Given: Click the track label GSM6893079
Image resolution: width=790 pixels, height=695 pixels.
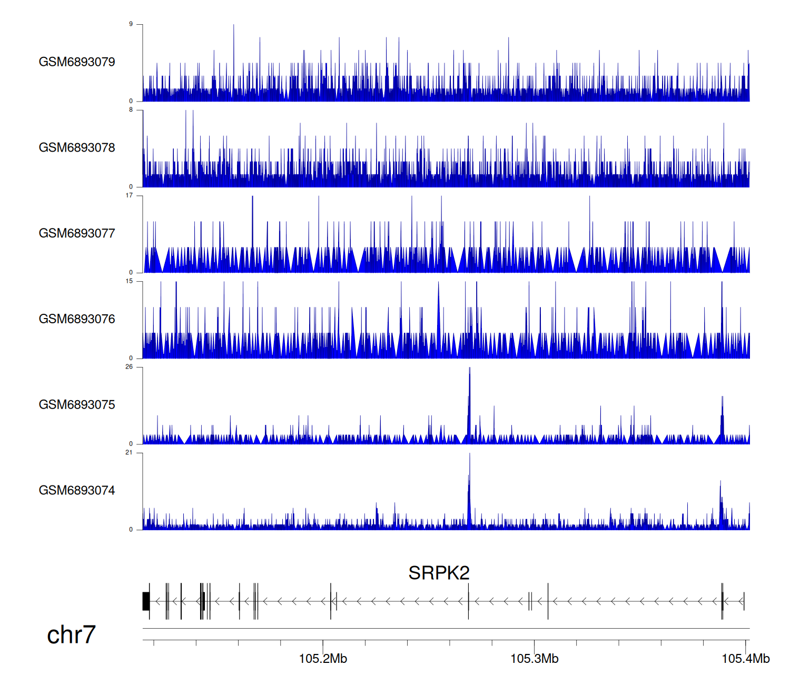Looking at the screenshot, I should tap(77, 62).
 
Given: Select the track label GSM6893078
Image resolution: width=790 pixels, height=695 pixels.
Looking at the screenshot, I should tap(77, 148).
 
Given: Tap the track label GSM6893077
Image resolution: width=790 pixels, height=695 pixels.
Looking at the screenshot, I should tap(77, 234).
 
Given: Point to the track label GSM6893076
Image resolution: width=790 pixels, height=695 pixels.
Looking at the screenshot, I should tap(77, 319).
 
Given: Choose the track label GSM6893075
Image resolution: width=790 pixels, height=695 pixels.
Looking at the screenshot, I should tap(77, 405).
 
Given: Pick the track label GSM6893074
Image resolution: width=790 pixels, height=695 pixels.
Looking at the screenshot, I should tap(77, 491).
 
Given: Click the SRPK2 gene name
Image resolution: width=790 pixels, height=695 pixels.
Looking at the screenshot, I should tap(439, 573).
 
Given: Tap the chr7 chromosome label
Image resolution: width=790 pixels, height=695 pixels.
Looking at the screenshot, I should tap(71, 634).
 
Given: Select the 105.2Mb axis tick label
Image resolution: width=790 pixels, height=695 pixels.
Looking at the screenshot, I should tap(323, 659).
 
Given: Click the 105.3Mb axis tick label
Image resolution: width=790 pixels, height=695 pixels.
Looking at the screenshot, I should tap(534, 659).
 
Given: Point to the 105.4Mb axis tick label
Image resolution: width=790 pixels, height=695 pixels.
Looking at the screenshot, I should tap(745, 659).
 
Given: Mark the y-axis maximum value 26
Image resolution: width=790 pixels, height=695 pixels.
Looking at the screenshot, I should tap(129, 367).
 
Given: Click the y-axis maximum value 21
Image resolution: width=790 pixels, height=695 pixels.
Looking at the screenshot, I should tap(129, 453).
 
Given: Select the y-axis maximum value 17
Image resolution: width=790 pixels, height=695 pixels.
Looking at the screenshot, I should tap(129, 195).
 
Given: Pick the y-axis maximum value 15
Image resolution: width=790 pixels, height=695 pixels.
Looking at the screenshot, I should tap(129, 281).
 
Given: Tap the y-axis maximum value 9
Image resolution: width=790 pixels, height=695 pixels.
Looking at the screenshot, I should tap(131, 24).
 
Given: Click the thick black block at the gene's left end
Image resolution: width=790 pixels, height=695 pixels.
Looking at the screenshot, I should tap(146, 601).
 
